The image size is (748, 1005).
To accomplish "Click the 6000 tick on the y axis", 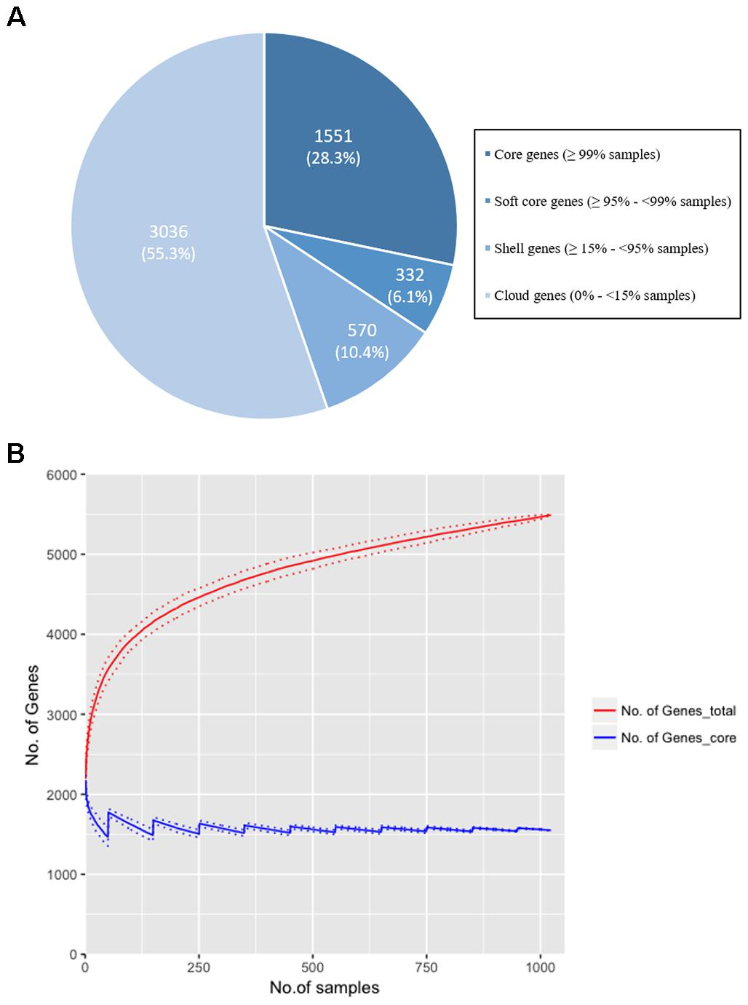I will coord(62,475).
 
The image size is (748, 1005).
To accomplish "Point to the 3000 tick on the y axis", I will coord(62,715).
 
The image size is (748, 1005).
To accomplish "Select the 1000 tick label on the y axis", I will coord(62,875).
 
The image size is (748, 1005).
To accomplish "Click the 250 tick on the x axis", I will coord(199,967).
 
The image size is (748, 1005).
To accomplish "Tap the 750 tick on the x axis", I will coord(426,967).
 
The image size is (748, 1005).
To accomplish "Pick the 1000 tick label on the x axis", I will coord(540,967).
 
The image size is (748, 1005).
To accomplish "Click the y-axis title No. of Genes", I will coord(33,715).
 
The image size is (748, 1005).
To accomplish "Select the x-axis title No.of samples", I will coord(325,988).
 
